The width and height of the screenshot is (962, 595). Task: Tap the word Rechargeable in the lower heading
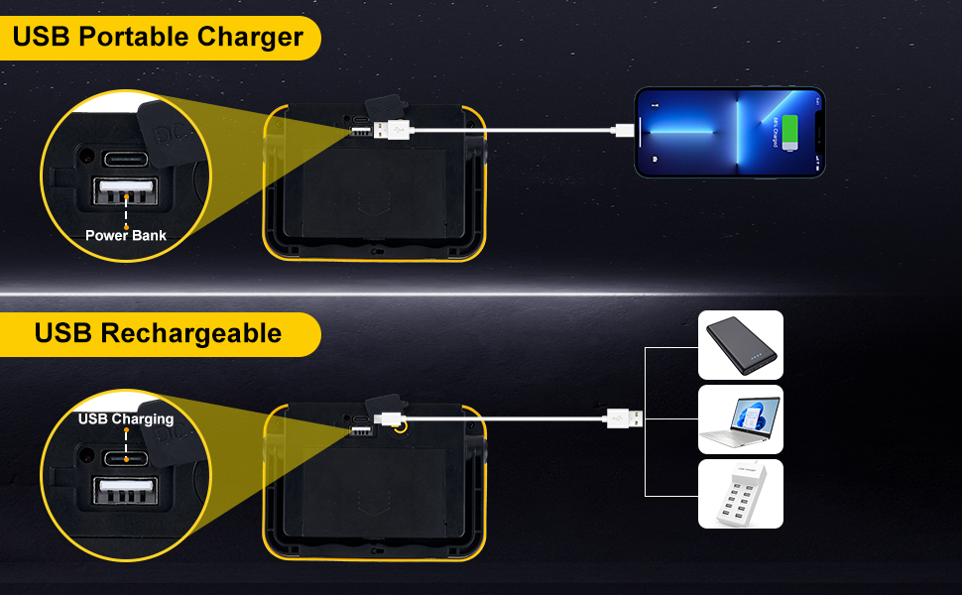tap(191, 333)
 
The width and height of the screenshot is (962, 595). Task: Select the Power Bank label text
tap(126, 235)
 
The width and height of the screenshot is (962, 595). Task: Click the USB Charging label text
tap(126, 418)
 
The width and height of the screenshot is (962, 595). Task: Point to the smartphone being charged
tap(729, 132)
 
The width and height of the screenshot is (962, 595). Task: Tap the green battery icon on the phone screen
tap(790, 132)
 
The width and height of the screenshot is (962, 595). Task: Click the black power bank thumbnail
tap(741, 345)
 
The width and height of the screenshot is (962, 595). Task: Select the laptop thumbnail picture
tap(741, 419)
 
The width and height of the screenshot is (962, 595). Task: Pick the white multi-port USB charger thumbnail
tap(741, 493)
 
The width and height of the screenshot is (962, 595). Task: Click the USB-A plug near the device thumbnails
tap(624, 418)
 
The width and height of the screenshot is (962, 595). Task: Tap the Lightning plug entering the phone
tap(624, 130)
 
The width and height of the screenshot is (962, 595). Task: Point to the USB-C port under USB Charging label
tap(127, 458)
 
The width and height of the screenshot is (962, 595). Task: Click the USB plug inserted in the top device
tap(392, 130)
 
